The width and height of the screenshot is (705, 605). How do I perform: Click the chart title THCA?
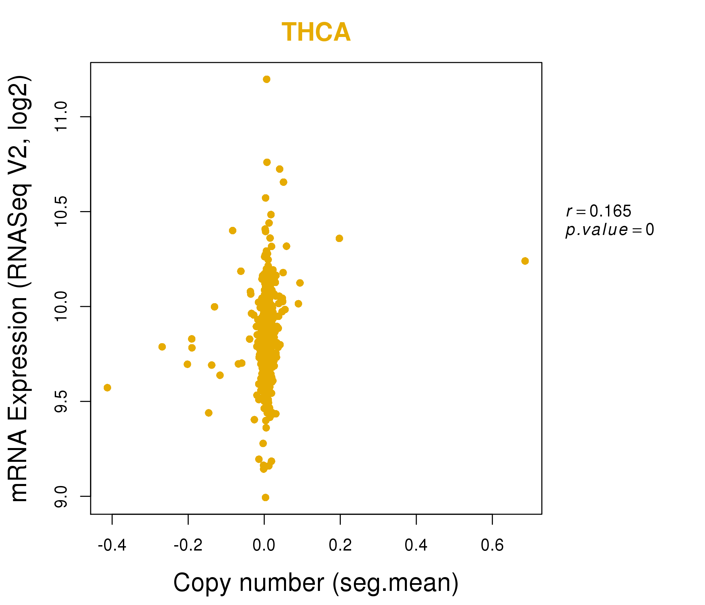316,32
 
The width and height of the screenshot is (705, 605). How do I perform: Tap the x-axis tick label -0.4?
112,546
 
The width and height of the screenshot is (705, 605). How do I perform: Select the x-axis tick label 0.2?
340,546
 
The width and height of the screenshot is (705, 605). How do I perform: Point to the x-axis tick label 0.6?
492,546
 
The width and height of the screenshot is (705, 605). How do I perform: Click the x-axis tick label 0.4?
416,546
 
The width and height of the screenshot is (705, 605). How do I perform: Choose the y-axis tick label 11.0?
61,117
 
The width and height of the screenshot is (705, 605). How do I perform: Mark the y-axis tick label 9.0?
61,497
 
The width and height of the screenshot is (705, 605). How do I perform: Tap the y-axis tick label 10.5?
61,212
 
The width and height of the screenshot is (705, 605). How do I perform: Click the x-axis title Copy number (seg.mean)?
316,583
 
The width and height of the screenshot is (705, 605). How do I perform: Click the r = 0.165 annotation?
599,211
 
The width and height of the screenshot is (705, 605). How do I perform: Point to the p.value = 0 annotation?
609,230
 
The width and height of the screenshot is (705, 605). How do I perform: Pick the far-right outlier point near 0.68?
525,261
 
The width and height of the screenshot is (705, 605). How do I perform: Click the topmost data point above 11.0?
267,79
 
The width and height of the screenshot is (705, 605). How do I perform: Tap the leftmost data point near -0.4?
107,388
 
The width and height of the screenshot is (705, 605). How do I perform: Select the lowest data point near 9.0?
266,498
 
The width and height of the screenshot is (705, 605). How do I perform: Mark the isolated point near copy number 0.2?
339,238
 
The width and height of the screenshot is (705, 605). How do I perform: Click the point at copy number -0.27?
162,347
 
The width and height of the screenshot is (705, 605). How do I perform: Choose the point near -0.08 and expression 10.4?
233,231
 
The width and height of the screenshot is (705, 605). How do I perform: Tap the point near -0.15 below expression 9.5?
209,413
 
